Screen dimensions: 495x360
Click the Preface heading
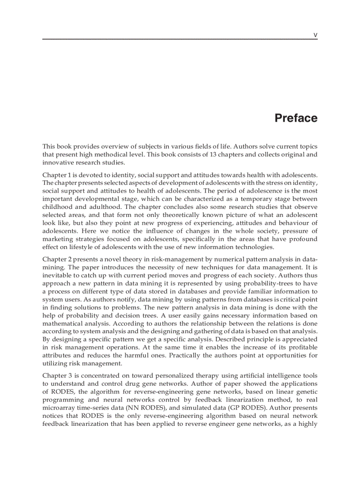click(296, 118)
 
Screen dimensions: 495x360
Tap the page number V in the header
click(315, 35)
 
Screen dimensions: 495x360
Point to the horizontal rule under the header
click(180, 40)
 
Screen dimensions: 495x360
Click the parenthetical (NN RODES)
click(142, 408)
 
